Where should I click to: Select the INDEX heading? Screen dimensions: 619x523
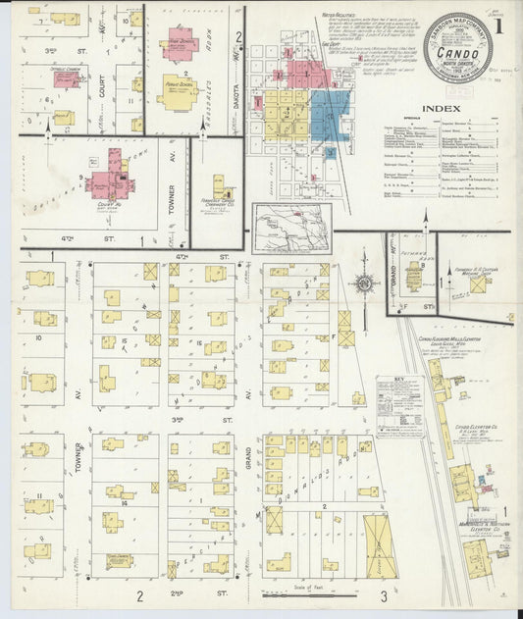[440, 108]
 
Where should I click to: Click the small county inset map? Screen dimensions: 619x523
[291, 227]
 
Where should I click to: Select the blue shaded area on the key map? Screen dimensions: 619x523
[331, 115]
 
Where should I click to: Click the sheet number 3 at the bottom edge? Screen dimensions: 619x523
[385, 594]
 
